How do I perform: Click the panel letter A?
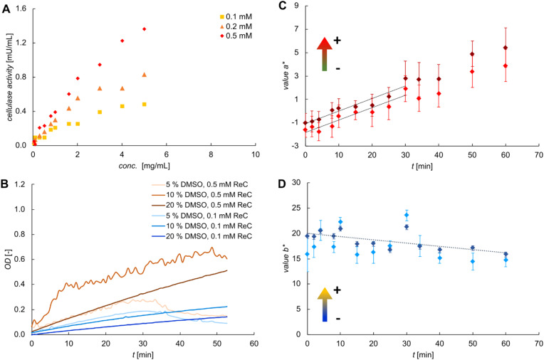[6, 9]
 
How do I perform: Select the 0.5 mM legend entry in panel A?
[236, 36]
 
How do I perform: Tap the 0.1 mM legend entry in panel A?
[236, 16]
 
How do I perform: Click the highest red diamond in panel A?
[145, 29]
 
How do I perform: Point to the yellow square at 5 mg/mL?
[145, 105]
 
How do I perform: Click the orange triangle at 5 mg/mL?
[145, 75]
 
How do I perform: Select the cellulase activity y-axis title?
[10, 77]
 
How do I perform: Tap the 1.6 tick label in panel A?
[21, 9]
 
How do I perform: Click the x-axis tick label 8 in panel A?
[211, 154]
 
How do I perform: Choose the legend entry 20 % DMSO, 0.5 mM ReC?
[202, 205]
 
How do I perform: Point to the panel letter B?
[6, 184]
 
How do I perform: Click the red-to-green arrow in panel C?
[325, 54]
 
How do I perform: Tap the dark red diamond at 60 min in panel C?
[506, 48]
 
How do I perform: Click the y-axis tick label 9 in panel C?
[297, 6]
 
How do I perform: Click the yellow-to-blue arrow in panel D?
[325, 305]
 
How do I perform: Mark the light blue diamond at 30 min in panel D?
[407, 215]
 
